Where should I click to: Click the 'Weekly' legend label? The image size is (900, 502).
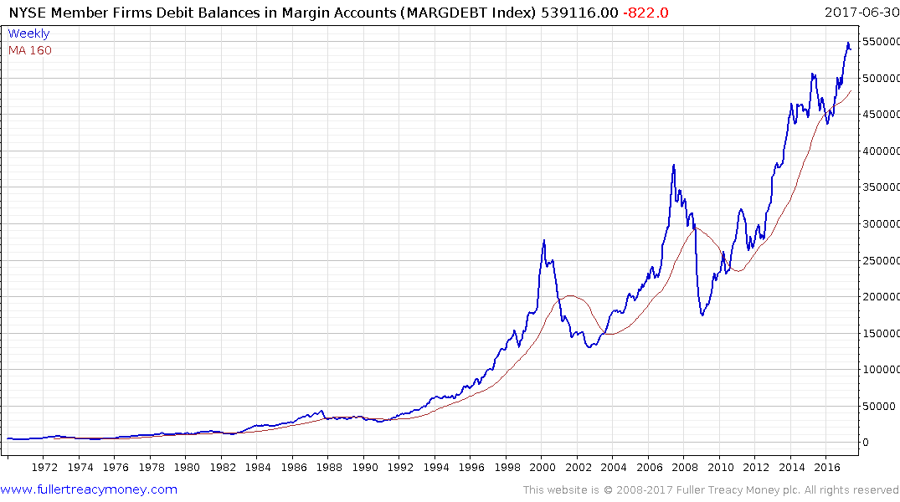point(28,34)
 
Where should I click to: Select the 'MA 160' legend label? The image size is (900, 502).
point(30,50)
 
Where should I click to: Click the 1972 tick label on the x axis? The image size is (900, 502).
point(44,468)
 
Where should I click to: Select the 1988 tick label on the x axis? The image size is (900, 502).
point(328,468)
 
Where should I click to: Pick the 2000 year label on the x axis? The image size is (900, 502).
point(542,468)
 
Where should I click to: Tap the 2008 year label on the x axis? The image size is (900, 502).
point(684,468)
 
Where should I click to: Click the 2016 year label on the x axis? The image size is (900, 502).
point(826,468)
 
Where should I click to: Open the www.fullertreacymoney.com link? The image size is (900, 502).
point(90,489)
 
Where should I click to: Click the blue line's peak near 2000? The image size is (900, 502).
point(544,241)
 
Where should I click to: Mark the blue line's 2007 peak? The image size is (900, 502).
point(674,166)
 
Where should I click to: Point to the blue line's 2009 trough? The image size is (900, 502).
point(702,315)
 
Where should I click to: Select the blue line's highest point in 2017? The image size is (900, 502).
point(847,43)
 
